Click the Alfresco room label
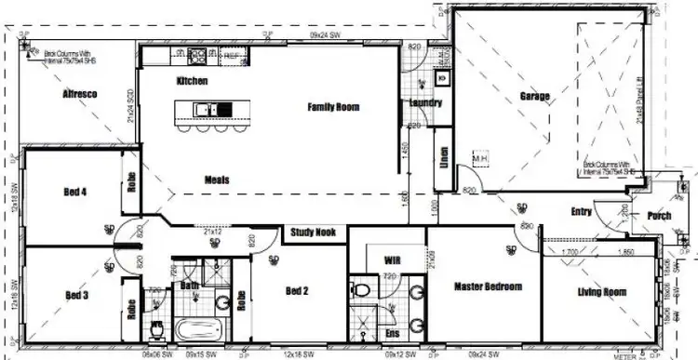[82, 95]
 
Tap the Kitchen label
[192, 82]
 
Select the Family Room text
[333, 108]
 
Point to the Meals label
[217, 179]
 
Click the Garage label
[534, 96]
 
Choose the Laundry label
[424, 103]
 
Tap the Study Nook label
[313, 233]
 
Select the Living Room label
[600, 292]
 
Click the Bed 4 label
[75, 193]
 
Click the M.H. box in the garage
[481, 159]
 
